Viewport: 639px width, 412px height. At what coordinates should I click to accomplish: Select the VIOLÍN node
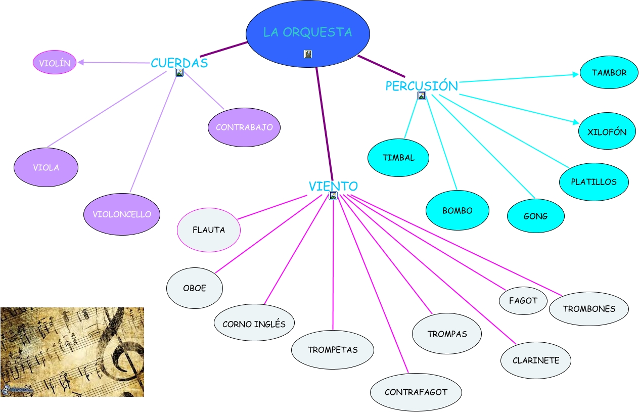pos(55,63)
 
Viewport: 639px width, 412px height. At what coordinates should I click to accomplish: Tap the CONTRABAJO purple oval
pos(244,127)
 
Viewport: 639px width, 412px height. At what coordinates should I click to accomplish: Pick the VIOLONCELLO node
pos(122,214)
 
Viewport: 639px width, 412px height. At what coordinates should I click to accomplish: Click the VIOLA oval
pos(46,167)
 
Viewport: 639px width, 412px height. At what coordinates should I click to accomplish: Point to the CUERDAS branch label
pos(179,63)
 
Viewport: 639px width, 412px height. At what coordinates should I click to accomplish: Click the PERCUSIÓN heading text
pos(422,86)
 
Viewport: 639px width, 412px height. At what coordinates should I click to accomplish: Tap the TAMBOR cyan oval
pos(609,72)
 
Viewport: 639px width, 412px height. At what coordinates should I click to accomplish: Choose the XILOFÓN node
pos(607,132)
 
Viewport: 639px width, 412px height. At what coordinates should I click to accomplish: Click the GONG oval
pos(536,216)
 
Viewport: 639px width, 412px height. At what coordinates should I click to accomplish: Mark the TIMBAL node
pos(398,157)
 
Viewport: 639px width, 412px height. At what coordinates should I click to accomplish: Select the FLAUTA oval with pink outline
pos(209,230)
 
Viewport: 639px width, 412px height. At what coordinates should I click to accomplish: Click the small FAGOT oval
pos(523,300)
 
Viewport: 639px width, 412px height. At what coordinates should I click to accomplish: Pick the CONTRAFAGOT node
pos(416,392)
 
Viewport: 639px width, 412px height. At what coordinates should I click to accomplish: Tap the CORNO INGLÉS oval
pos(254,324)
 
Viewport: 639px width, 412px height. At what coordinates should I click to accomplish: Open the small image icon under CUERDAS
pos(179,72)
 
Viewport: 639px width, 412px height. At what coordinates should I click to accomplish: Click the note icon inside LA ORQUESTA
pos(308,54)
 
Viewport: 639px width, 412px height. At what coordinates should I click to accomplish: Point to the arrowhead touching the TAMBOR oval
pos(576,74)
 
